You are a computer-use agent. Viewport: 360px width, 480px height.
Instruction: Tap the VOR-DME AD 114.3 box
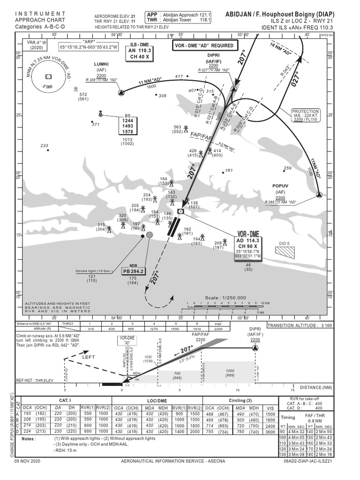248,240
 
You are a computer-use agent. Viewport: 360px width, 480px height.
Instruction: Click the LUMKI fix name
101,63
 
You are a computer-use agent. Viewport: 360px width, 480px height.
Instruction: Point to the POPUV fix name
280,186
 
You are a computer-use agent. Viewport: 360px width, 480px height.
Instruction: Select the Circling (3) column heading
240,400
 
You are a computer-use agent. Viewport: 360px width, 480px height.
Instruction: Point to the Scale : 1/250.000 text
225,297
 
